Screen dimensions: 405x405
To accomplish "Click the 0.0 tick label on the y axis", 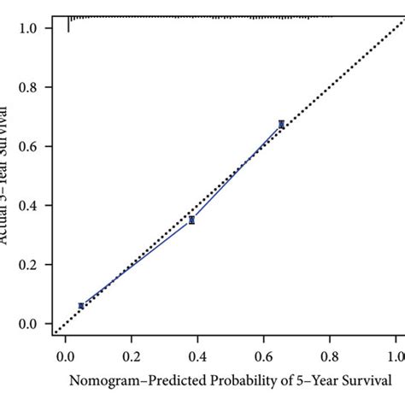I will (x=29, y=324).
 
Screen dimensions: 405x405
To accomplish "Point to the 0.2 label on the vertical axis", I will (x=29, y=265).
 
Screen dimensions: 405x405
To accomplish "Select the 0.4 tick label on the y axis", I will (x=29, y=206).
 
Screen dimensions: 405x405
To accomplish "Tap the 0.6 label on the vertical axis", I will (x=29, y=147).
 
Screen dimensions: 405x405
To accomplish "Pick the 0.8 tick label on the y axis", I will (x=29, y=87).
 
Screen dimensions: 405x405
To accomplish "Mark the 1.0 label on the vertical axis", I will (x=29, y=28).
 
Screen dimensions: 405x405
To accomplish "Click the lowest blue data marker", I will (x=81, y=305).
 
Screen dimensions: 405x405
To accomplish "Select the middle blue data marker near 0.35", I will (x=191, y=220).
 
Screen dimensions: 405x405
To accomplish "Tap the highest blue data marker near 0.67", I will (x=281, y=124).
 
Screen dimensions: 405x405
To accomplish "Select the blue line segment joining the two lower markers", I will (x=137, y=263).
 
